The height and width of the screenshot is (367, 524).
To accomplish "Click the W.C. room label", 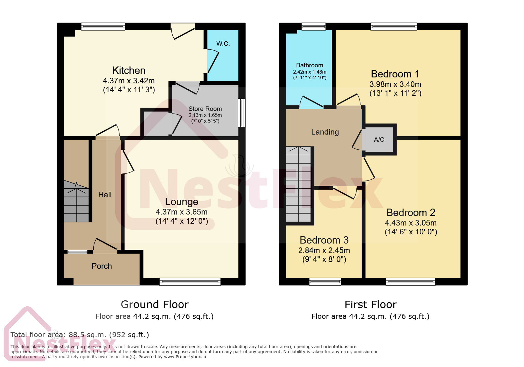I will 223,44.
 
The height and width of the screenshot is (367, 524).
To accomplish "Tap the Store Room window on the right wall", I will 242,113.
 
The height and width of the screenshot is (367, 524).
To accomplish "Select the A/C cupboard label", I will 379,140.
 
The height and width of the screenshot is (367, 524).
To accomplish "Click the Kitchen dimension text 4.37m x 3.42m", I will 129,81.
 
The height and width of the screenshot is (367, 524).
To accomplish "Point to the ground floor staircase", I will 76,205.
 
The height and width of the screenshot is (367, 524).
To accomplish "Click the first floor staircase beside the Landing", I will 298,184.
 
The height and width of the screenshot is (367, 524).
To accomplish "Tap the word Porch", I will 102,266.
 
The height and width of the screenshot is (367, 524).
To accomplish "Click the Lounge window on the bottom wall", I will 190,281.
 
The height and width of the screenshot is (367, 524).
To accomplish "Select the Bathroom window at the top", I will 313,26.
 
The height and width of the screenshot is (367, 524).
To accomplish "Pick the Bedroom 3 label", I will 324,240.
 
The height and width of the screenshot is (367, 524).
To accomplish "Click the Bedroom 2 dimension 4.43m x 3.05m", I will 411,223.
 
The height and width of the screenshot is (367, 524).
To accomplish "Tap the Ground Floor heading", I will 154,304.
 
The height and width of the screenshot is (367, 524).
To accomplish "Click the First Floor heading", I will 370,304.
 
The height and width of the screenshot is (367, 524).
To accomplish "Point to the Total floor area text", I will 80,335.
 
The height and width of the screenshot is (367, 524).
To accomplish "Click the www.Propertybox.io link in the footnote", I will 185,357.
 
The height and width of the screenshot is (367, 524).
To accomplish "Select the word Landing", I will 325,132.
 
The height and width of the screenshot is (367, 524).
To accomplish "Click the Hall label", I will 105,195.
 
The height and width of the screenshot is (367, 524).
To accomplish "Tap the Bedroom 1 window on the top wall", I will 393,26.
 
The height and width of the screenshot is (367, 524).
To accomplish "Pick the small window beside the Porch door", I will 77,252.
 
